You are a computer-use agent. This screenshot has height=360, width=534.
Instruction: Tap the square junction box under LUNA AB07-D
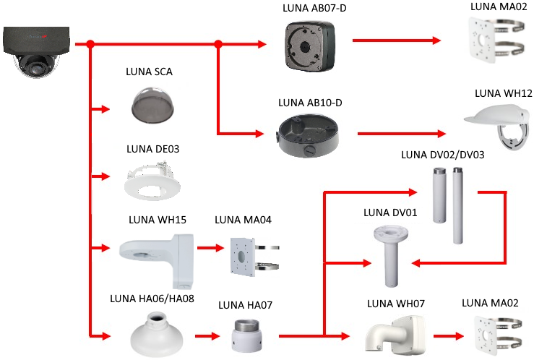coord(310,42)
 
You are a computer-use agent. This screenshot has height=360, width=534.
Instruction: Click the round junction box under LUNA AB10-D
coord(309,134)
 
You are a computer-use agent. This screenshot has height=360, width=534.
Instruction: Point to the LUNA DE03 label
coord(152,149)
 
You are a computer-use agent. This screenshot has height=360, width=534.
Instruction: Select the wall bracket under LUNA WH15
coord(152,253)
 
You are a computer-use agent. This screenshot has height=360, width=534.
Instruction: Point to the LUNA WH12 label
coord(503,93)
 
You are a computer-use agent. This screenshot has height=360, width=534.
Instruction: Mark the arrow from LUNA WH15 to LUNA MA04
coord(208,249)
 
